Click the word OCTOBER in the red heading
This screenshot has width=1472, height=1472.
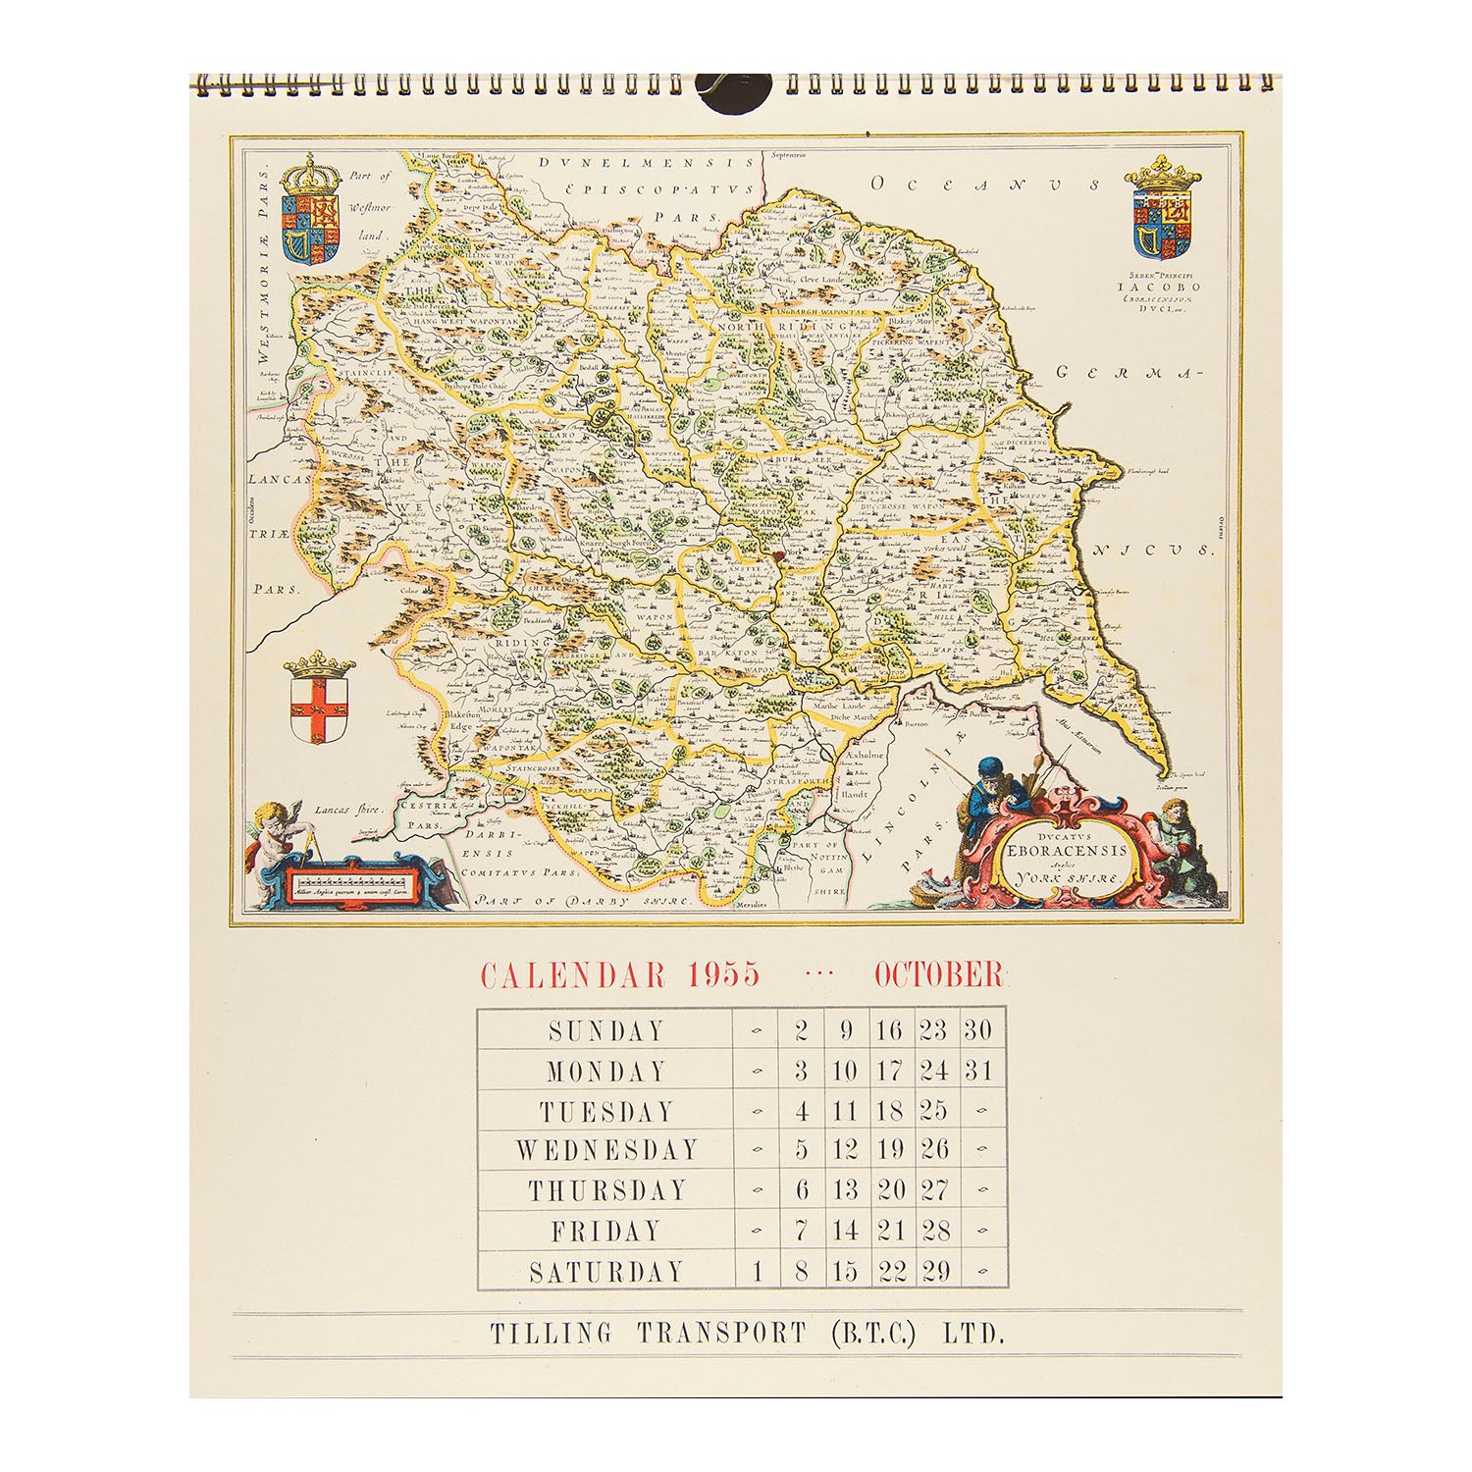(939, 974)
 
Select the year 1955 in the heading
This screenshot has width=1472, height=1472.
(723, 974)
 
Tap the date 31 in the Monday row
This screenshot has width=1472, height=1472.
(977, 1071)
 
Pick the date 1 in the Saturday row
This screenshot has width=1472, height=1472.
(758, 1272)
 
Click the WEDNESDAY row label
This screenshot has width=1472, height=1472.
(606, 1150)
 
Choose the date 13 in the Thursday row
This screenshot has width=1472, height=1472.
(845, 1190)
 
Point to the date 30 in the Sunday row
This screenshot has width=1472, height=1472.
(977, 1030)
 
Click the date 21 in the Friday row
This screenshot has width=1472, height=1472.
(891, 1231)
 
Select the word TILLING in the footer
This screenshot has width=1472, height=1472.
(551, 1334)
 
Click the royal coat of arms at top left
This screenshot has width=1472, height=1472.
(311, 210)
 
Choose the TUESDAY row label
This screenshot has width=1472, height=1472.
(606, 1111)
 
